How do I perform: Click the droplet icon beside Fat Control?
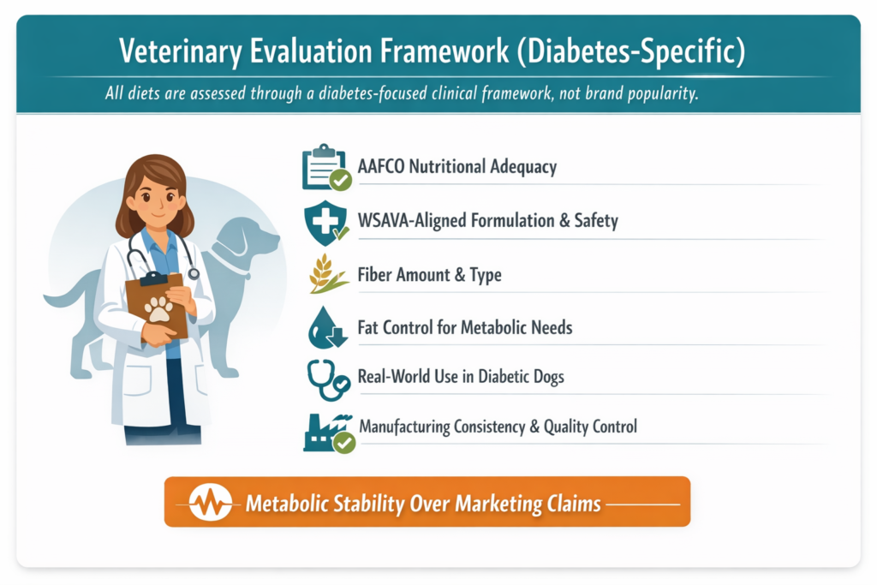pos(325,327)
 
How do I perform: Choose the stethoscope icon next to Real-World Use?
pos(326,379)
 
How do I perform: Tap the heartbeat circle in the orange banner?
pos(211,502)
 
